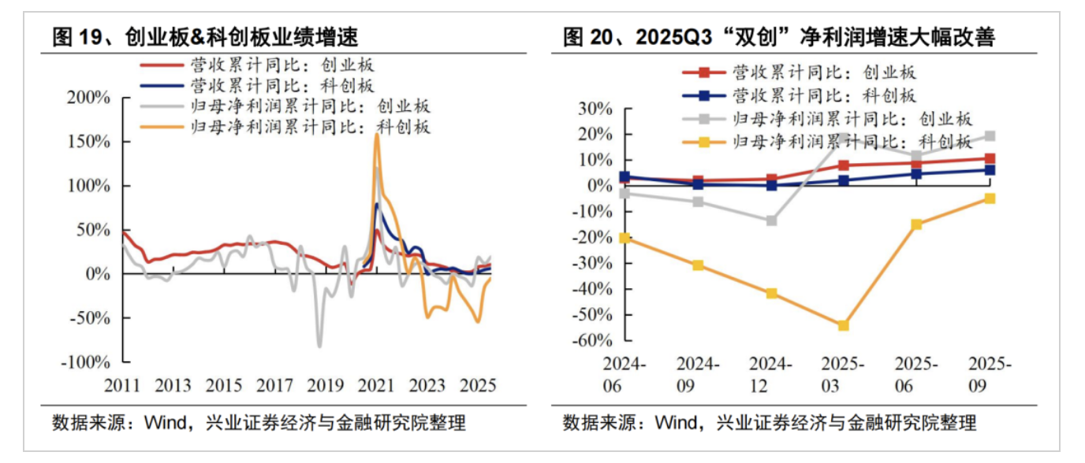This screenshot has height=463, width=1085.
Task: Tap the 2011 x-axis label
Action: coord(122,386)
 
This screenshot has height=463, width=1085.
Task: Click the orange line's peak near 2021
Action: coord(377,134)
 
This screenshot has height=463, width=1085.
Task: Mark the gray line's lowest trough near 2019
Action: coord(319,346)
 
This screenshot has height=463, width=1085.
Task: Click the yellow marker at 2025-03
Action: coord(843,325)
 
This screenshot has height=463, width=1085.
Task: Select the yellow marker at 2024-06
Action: coord(625,238)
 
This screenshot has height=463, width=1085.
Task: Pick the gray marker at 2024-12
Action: coord(771,220)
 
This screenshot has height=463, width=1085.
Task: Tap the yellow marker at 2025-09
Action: coord(990,198)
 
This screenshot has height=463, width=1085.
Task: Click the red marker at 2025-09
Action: coord(990,159)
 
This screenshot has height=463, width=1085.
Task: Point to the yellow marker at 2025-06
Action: coord(916,224)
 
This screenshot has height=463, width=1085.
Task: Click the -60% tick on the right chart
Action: coord(597,340)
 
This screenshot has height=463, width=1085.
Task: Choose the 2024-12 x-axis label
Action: coord(770,376)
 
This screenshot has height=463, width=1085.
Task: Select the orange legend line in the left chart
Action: coord(162,127)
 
